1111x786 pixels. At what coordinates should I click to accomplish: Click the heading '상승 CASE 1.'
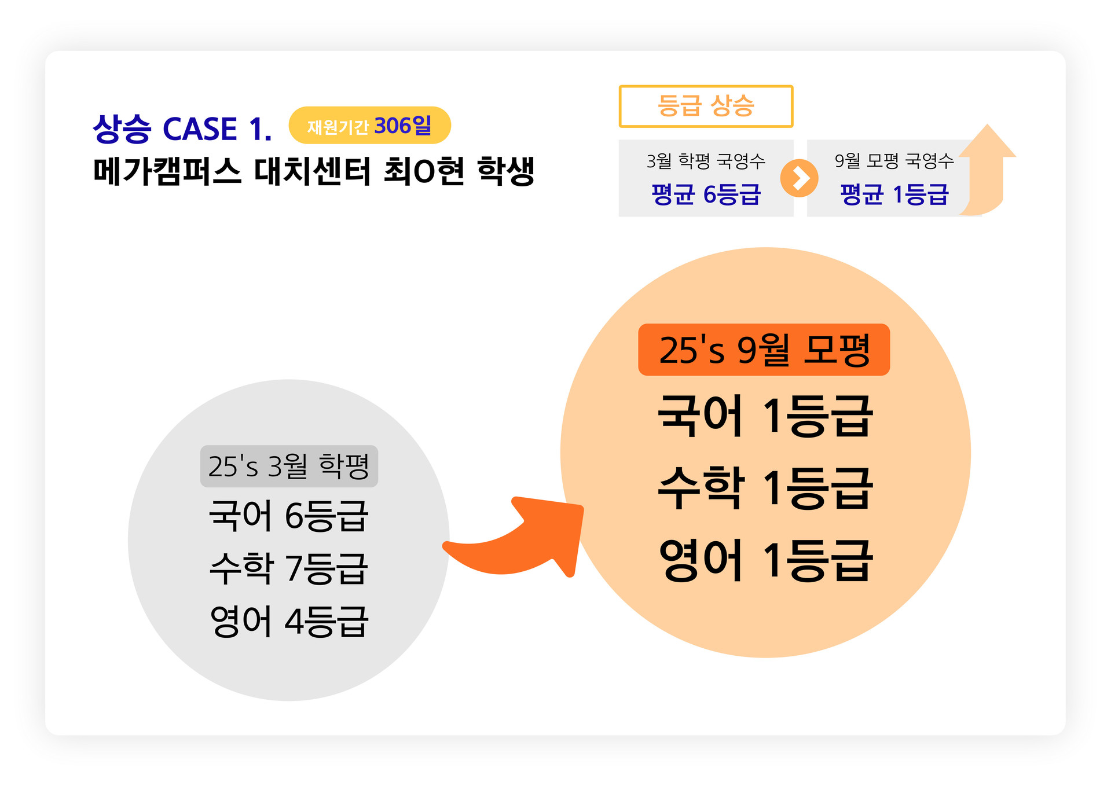(x=182, y=128)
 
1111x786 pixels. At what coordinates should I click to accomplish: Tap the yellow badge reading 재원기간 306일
(x=369, y=126)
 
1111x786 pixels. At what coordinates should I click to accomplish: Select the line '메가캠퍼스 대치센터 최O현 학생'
(x=313, y=171)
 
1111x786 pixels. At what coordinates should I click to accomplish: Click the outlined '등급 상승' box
(x=705, y=106)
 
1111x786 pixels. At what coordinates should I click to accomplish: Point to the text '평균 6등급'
(x=705, y=194)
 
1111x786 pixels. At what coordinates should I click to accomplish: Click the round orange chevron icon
(x=799, y=178)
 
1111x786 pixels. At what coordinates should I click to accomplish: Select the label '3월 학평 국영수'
(x=705, y=161)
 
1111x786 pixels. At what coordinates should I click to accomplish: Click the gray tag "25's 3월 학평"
(x=289, y=467)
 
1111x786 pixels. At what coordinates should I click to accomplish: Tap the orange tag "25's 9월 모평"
(x=764, y=350)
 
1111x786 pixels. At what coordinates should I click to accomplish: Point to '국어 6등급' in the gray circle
(x=288, y=516)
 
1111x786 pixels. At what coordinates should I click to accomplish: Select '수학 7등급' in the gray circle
(x=288, y=568)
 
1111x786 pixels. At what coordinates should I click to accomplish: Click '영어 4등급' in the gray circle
(x=288, y=622)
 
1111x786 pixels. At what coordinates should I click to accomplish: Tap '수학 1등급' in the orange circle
(x=765, y=489)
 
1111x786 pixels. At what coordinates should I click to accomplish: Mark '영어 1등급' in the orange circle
(x=765, y=560)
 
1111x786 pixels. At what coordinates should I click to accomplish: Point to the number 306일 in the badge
(x=403, y=125)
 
